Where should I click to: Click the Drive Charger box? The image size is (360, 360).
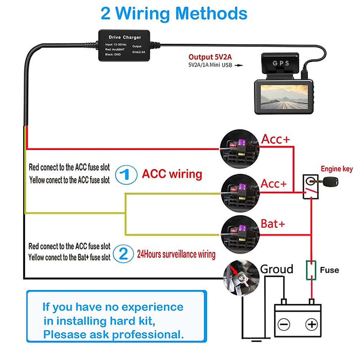(x=124, y=46)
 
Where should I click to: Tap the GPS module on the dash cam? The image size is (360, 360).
(x=280, y=63)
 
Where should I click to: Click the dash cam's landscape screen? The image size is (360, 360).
(x=284, y=97)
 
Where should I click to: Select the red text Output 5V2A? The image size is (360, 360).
(x=210, y=57)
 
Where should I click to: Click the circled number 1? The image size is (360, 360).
(x=126, y=175)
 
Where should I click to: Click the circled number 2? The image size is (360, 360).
(x=124, y=254)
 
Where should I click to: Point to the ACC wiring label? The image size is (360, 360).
(x=172, y=174)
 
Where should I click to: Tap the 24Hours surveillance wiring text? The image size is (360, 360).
(x=176, y=254)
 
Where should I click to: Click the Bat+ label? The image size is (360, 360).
(x=272, y=224)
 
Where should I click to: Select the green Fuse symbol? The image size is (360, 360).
(x=311, y=270)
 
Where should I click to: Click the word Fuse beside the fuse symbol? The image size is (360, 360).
(x=329, y=270)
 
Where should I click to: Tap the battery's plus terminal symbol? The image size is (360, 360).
(x=311, y=324)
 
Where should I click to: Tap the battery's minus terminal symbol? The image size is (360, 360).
(x=284, y=324)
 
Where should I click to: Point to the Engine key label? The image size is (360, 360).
(x=337, y=169)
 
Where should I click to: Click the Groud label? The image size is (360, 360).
(x=276, y=269)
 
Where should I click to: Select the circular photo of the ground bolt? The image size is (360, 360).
(x=241, y=277)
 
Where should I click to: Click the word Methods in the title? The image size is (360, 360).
(x=211, y=13)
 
